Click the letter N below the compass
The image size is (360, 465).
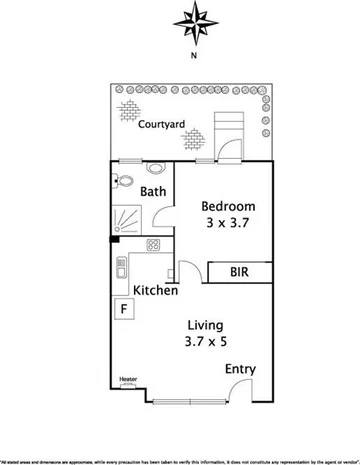194,56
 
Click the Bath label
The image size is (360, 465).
153,191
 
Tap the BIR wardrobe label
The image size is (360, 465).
240,271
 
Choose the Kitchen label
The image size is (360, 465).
156,291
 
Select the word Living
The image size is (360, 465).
203,326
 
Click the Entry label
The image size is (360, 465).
240,369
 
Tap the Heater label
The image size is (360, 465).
127,379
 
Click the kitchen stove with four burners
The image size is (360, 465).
154,245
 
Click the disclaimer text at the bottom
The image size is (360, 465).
180,460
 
